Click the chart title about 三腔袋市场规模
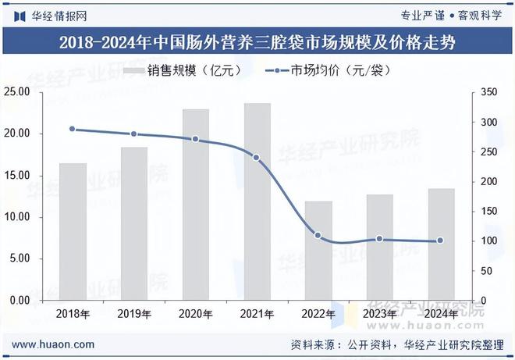257,41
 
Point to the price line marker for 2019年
134,134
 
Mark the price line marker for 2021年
257,158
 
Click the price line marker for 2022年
318,235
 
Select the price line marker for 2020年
195,140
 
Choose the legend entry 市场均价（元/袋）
328,70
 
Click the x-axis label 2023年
379,314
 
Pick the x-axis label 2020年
195,314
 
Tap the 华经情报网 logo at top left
51,15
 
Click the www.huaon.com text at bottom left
54,344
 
